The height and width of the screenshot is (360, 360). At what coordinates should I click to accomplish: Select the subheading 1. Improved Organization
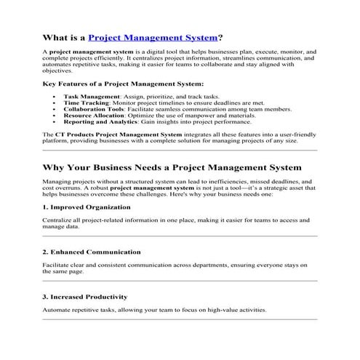[87, 207]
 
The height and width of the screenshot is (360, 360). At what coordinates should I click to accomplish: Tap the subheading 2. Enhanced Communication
[92, 252]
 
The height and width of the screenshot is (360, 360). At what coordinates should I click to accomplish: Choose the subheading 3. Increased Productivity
[85, 297]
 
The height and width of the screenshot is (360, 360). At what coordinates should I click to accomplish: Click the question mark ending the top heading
[220, 36]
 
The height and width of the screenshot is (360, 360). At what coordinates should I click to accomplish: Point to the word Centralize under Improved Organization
[57, 220]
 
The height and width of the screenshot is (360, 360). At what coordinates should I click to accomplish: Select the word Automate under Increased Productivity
[57, 310]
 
